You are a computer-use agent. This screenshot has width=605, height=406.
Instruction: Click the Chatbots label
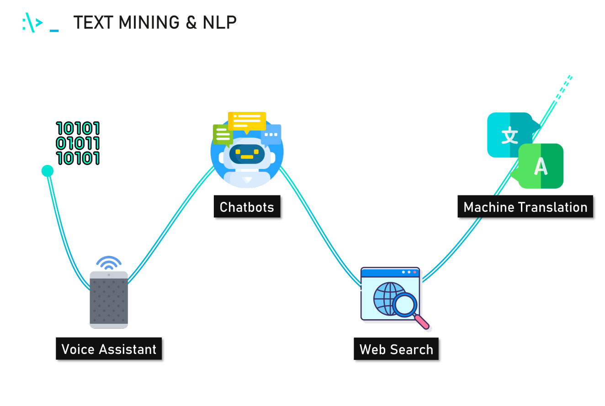coord(247,207)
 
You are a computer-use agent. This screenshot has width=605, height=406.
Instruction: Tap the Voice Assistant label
coord(109,349)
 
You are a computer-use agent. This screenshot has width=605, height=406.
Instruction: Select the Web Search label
coord(396,349)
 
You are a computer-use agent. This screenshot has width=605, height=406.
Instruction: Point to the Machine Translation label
coord(525,207)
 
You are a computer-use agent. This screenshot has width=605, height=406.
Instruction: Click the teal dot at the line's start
coord(48,171)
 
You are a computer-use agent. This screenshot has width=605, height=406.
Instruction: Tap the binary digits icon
coord(78,143)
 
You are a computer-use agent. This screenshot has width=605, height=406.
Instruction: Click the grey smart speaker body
coord(109,301)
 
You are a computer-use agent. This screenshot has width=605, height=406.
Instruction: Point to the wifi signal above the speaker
coord(109,263)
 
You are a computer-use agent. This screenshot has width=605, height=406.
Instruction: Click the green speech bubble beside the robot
coord(223,135)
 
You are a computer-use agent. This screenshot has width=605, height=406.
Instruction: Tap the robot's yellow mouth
coord(247,157)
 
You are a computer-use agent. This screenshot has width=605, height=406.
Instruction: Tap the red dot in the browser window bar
coord(415,272)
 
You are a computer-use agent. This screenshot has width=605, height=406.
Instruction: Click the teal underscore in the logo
coord(54,31)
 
